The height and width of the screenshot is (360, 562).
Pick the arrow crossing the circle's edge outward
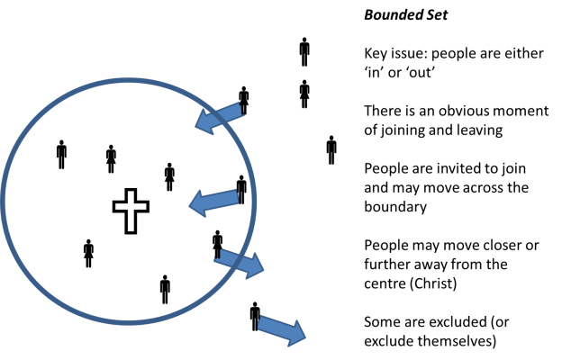pyautogui.click(x=239, y=262)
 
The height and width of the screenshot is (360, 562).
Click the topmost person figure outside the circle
pyautogui.click(x=304, y=51)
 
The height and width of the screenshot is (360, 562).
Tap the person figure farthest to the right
pyautogui.click(x=331, y=149)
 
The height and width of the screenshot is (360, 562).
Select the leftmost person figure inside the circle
pyautogui.click(x=61, y=155)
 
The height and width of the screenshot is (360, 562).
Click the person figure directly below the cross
pyautogui.click(x=88, y=254)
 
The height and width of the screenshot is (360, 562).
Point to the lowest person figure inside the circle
pyautogui.click(x=165, y=289)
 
